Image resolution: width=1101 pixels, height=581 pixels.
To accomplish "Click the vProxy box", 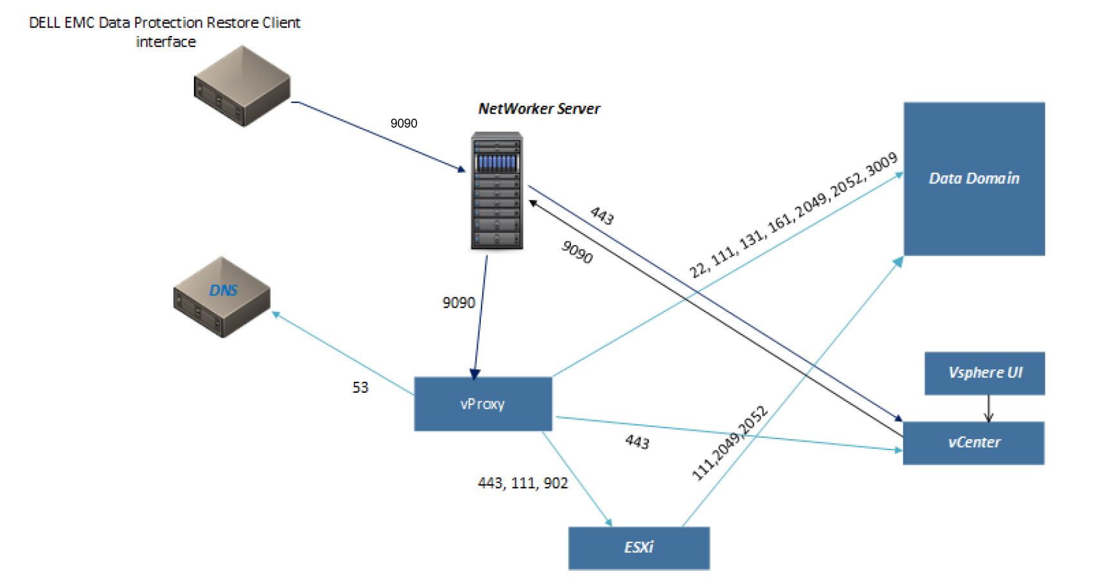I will coord(482,404).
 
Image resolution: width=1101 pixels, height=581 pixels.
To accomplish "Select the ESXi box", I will coord(638,547).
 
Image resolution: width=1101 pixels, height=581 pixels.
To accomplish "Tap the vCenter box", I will coord(973,442).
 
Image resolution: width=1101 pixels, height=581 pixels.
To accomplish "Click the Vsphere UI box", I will coord(984,373).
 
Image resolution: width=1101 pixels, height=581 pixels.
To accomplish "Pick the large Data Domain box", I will coord(973,179).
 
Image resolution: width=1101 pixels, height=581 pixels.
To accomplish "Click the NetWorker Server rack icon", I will coord(496,190).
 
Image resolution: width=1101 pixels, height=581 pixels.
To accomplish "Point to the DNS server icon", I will coord(222,297).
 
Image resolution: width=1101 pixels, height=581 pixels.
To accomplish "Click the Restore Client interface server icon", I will coord(242,86).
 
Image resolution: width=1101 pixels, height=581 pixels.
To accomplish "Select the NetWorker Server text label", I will coord(538,108).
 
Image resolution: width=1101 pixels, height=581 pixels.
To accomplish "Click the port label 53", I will coord(360,387).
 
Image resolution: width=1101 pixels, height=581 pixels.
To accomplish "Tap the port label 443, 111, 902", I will coord(522,483).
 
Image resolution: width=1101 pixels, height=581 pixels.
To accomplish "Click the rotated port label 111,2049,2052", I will coord(729,443).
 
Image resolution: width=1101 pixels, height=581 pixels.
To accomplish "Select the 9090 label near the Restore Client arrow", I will coord(404,123).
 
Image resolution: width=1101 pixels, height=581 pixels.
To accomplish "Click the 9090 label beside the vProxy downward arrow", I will coord(458,302).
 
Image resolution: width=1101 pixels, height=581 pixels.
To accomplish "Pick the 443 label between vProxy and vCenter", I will coord(637,442).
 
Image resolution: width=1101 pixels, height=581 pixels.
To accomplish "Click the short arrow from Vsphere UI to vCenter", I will coord(988,408).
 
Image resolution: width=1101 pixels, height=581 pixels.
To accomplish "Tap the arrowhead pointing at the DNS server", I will coord(275,314).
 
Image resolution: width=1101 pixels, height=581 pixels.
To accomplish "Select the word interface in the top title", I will coord(166,42).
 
